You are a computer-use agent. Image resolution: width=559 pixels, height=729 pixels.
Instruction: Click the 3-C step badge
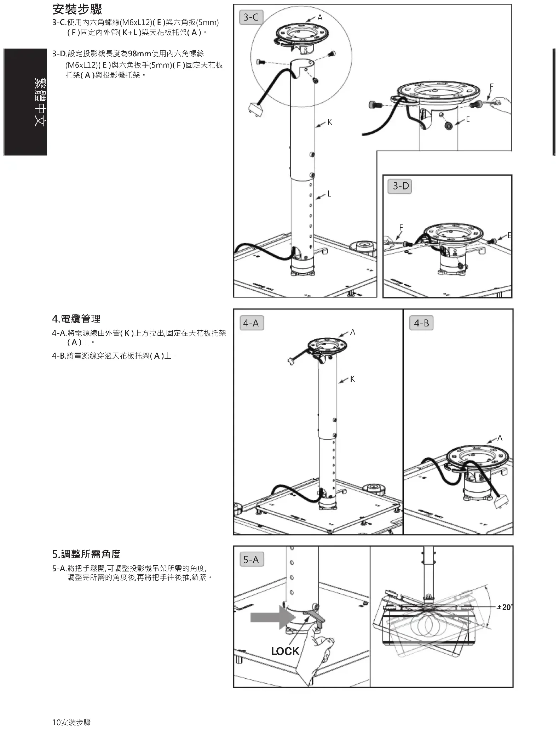coord(251,17)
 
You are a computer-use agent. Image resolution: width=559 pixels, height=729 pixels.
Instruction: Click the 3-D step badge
coord(401,186)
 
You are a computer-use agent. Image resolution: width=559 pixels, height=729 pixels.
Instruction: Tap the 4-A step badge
coord(251,323)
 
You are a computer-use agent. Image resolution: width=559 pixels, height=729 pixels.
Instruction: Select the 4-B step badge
coord(421,323)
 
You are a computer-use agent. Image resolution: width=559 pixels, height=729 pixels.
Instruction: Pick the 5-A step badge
coord(251,559)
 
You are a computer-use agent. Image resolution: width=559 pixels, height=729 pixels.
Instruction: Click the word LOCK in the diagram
coord(285,651)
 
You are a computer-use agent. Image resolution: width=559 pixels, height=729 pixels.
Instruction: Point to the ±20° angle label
coord(504,607)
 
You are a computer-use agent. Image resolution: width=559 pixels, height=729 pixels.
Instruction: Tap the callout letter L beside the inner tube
coord(329,194)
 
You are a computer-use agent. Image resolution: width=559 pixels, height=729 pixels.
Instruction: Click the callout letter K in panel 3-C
coord(330,122)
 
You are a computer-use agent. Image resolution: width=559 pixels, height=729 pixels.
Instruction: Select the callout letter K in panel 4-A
coord(352,379)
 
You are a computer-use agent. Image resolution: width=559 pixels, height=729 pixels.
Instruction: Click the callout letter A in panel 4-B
coord(500,438)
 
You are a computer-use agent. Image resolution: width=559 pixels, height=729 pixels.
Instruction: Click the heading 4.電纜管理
coord(76,319)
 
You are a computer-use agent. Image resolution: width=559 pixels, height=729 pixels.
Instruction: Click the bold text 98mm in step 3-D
coord(139,53)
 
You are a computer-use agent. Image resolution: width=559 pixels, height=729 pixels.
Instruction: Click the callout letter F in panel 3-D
coord(401,227)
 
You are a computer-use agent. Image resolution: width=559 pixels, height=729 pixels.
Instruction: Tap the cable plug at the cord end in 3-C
coord(254,109)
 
